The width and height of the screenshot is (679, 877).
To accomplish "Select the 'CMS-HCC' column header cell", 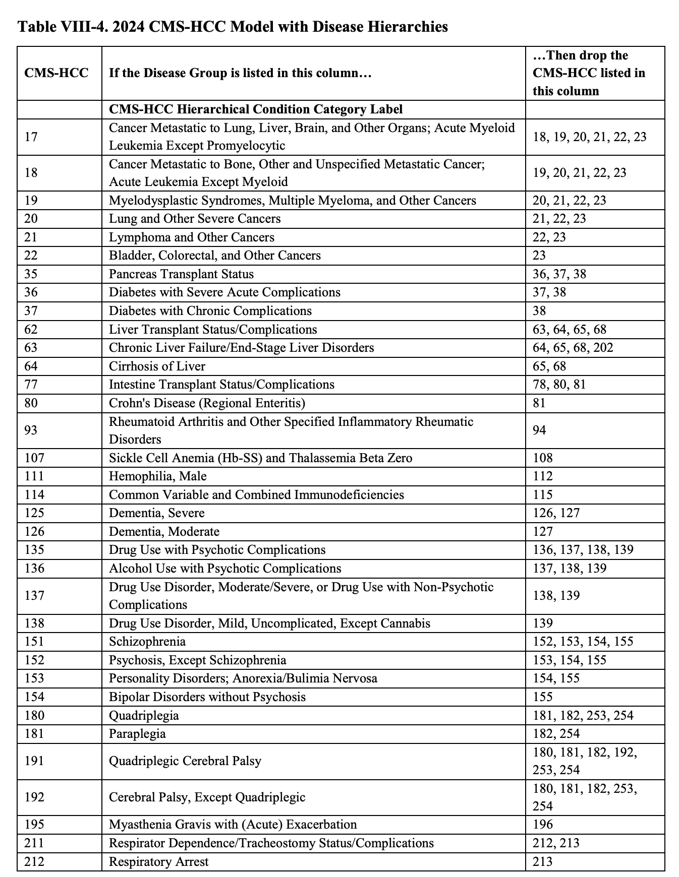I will click(56, 73).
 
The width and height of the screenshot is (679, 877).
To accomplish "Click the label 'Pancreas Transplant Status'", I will click(181, 274).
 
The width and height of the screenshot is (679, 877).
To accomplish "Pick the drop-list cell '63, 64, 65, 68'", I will click(570, 330).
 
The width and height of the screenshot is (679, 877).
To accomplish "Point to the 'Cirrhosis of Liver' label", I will click(157, 366).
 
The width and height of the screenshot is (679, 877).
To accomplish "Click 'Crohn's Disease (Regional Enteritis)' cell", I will click(207, 403).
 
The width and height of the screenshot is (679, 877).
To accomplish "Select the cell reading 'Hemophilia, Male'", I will click(157, 476).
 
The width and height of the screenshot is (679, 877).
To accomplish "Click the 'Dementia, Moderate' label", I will click(164, 532).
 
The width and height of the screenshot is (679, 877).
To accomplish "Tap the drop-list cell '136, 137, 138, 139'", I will click(583, 550).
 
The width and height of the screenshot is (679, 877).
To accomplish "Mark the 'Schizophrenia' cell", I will click(147, 642).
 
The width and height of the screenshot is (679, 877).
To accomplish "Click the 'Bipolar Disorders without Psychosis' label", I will click(207, 697).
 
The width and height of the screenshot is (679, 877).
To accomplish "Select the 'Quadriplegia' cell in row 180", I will click(144, 716).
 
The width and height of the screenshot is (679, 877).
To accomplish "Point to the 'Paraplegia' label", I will click(137, 734).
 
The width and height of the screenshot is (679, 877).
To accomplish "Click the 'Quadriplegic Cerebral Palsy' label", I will click(185, 761).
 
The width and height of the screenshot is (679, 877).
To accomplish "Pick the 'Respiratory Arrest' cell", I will click(158, 862).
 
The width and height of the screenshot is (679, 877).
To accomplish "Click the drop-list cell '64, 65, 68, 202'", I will click(573, 348).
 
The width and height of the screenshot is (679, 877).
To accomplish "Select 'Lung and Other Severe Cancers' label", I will click(195, 219).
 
